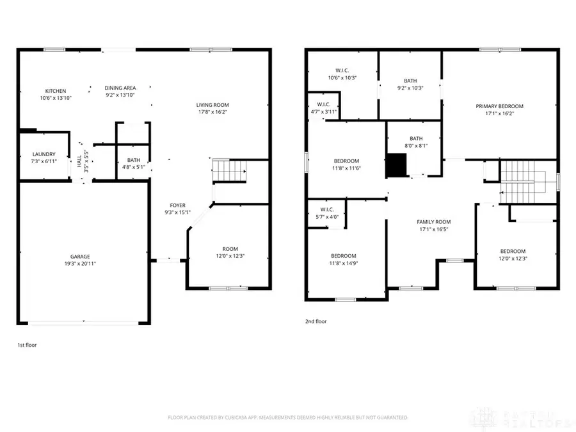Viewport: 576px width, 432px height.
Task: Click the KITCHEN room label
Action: (55, 91)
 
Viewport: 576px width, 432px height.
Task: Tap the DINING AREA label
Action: (120, 88)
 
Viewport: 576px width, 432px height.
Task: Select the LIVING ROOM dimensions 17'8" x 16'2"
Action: (212, 112)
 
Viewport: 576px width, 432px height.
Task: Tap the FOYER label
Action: (177, 205)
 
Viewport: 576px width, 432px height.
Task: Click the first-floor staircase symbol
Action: (230, 170)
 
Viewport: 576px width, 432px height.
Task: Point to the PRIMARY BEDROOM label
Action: (499, 106)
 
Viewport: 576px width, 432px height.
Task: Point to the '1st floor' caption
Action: (27, 345)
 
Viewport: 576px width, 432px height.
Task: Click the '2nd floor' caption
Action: (316, 322)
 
